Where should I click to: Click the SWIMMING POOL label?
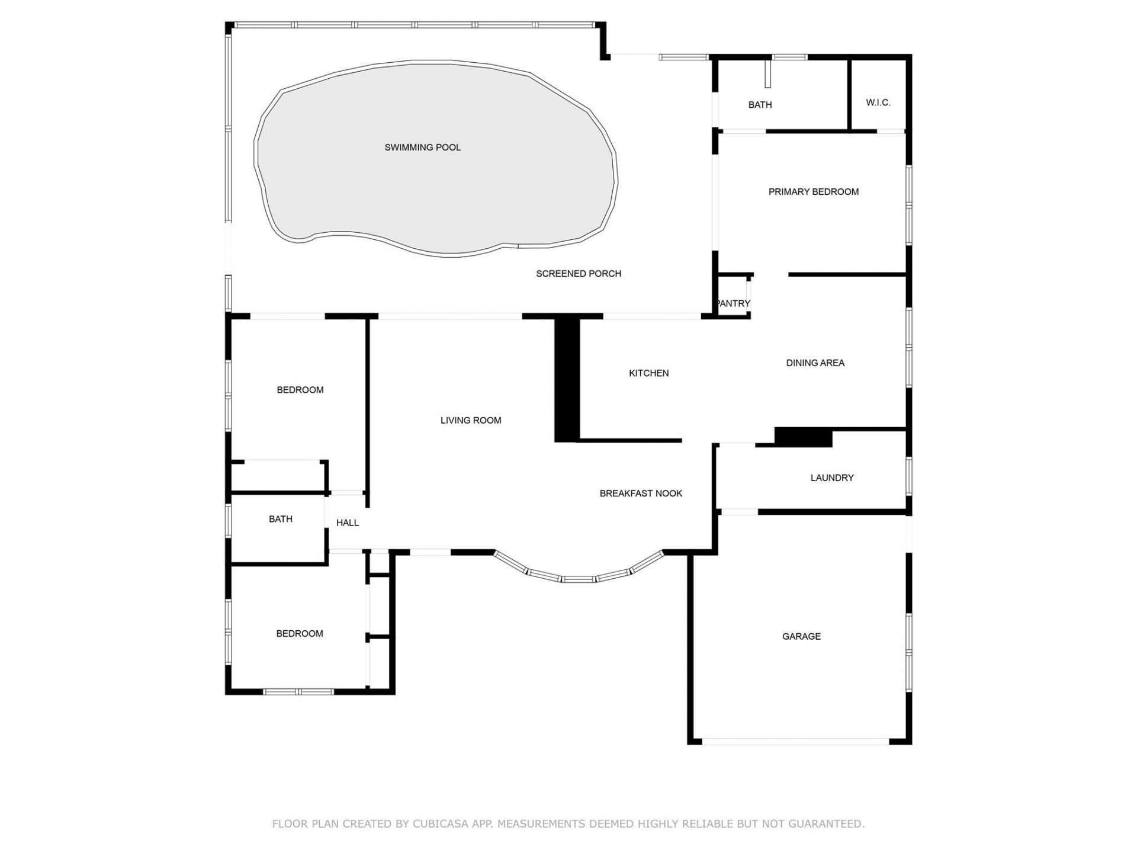point(422,147)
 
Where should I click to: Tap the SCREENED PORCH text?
point(578,274)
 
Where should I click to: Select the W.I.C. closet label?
point(878,102)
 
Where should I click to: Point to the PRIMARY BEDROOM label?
point(813,192)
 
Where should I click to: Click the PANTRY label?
point(733,303)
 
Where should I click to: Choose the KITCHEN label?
point(648,373)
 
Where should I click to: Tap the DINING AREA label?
point(815,363)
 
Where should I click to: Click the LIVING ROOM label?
point(471,421)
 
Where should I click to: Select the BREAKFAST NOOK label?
point(641,493)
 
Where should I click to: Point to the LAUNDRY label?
point(831,478)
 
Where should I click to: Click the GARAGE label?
point(801,637)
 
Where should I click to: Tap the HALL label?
point(347,523)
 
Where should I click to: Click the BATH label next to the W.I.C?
point(760,105)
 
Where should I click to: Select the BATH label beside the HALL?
point(280,520)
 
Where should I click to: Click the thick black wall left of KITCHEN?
point(566,379)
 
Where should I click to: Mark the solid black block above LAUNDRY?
point(803,437)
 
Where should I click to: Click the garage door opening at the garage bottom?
point(795,741)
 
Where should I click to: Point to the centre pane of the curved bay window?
point(578,579)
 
